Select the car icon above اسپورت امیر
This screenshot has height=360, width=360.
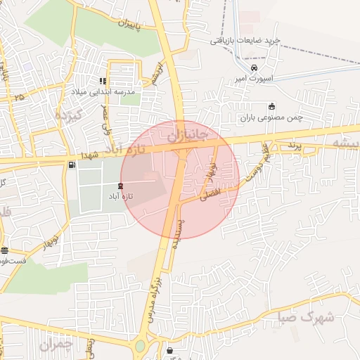click(x=243, y=68)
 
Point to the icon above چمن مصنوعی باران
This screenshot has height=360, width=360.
click(x=271, y=106)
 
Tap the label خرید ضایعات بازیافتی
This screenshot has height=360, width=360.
click(x=244, y=40)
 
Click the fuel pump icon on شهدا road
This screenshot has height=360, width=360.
click(x=72, y=165)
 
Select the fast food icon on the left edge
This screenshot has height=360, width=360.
click(x=5, y=250)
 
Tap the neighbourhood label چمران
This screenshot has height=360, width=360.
click(x=56, y=345)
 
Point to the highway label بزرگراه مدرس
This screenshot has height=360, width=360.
click(x=159, y=285)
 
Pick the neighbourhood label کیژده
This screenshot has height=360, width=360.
click(x=70, y=114)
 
